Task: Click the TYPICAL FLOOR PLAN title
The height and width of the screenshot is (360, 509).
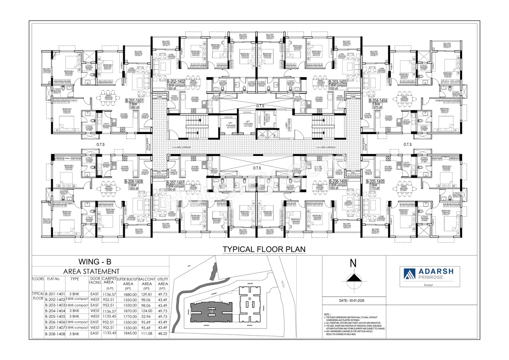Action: (x=264, y=249)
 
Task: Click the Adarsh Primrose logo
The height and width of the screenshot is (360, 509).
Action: (x=431, y=274)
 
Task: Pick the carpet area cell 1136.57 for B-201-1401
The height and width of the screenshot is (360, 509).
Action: (x=109, y=294)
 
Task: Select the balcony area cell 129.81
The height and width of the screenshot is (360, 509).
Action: (x=147, y=294)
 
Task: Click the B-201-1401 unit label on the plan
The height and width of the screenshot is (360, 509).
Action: (x=134, y=101)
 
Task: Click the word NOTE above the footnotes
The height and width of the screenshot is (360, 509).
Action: (x=328, y=315)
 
